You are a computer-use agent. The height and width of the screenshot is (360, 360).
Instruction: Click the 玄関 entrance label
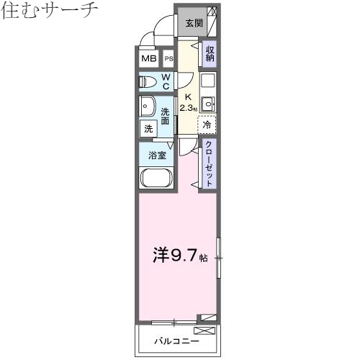point(194,22)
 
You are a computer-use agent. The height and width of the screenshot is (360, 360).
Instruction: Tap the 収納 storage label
point(210,55)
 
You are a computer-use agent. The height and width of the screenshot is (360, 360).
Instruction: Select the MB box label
point(149,59)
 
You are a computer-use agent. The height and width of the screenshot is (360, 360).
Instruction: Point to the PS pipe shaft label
point(168,59)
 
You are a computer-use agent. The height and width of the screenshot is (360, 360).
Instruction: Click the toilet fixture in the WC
point(146,81)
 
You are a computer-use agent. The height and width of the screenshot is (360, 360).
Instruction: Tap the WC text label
point(166,81)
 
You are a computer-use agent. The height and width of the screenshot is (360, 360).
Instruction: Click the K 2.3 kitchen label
point(187,102)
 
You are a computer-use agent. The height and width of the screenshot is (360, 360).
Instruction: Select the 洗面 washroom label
point(166,117)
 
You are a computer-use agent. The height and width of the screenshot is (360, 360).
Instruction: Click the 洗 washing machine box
point(148,129)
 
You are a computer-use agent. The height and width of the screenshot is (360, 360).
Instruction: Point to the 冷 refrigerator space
point(207,125)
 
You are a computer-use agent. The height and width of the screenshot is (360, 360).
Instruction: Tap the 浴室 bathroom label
point(157,155)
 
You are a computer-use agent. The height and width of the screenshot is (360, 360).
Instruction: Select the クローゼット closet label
point(209,163)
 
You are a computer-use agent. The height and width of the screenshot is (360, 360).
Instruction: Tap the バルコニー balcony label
point(176,340)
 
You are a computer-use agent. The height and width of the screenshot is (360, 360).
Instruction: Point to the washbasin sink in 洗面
point(147,106)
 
